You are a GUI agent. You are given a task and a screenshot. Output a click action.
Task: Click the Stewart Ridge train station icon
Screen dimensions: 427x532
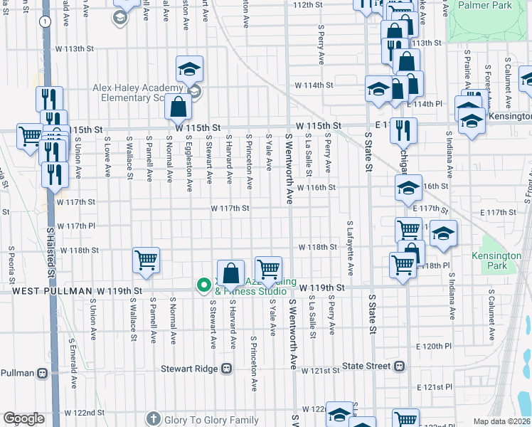coord(227,369)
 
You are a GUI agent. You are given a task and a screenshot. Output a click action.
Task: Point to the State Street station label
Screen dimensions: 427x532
coord(366,366)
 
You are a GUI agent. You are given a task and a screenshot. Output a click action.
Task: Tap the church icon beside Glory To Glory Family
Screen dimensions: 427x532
coord(153,419)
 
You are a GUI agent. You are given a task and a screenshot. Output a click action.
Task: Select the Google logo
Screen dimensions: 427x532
coord(23,418)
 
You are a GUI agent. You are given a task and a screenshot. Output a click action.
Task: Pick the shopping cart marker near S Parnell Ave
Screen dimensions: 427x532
coord(146,261)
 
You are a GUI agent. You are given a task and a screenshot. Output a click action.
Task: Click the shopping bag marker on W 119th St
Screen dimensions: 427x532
coord(231,273)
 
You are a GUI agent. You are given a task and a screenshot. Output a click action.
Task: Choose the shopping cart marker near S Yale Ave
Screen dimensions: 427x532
coord(268,269)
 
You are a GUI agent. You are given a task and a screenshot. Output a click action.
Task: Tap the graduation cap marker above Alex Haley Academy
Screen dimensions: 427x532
coord(190,69)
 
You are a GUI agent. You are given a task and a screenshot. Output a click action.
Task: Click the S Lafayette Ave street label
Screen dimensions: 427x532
coord(350,248)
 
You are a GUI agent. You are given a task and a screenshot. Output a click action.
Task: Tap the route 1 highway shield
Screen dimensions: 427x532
coord(46,22)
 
